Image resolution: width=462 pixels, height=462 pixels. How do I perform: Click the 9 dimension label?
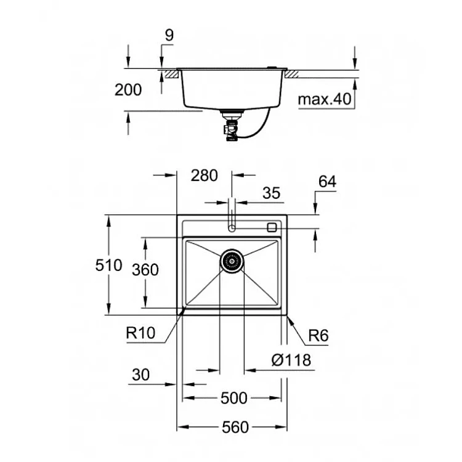coord(169,35)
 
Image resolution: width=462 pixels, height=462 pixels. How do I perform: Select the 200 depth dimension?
coord(128,89)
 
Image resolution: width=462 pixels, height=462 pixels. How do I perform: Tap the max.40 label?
coord(325,99)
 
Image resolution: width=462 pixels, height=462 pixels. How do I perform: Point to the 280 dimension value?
coord(204,176)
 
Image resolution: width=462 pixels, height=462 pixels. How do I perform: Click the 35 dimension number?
coord(272,193)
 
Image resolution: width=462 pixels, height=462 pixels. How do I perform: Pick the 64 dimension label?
coord(327,182)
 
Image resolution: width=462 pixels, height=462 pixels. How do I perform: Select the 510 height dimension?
coord(108,265)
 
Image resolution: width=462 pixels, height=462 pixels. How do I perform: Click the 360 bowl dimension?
coord(145,270)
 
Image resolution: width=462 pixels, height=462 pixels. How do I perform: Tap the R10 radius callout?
coord(140,333)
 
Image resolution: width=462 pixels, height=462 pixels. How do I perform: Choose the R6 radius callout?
coord(318,335)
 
